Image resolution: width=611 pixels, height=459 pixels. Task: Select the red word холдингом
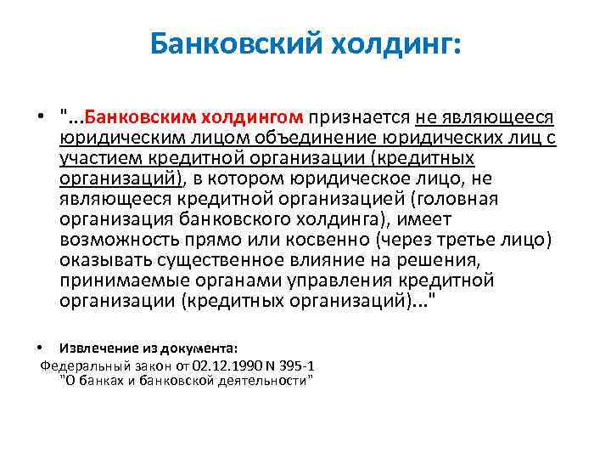[x=252, y=117]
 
